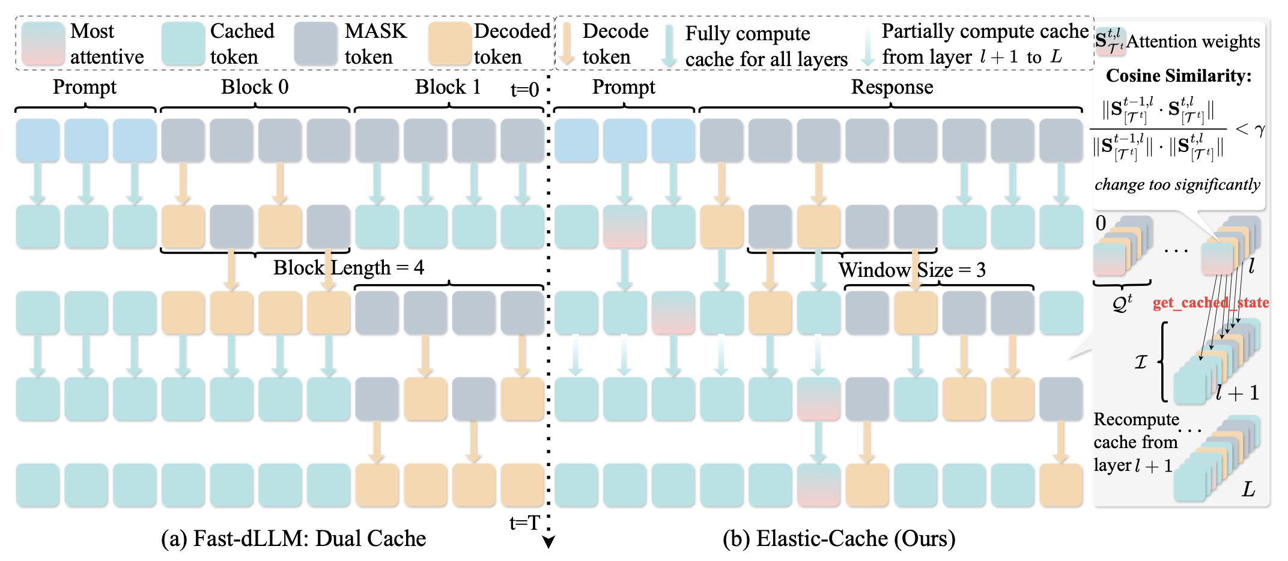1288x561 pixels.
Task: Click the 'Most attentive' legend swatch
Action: tap(43, 44)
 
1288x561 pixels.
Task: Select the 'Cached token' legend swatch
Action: tap(183, 44)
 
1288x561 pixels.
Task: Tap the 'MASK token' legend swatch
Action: tap(315, 44)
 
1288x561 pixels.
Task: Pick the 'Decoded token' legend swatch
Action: tap(449, 44)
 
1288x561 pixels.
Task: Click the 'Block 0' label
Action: tap(255, 87)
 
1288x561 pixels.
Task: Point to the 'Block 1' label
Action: tap(448, 87)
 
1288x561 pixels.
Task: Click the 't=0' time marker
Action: tap(524, 90)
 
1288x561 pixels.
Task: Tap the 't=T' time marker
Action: tap(524, 523)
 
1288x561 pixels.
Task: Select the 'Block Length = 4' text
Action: tap(348, 267)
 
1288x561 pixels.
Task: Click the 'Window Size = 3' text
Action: tap(912, 270)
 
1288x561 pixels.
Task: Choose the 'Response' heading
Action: tap(892, 87)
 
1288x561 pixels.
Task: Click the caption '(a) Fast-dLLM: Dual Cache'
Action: tap(293, 539)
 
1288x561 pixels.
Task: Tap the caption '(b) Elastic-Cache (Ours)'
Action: tap(839, 539)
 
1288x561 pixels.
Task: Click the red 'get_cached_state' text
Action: tap(1211, 302)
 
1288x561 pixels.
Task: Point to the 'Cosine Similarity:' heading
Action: tap(1179, 76)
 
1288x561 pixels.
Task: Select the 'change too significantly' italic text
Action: tap(1177, 184)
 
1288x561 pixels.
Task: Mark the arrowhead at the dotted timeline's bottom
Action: tap(548, 543)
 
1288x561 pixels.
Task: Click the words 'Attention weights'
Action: tap(1192, 41)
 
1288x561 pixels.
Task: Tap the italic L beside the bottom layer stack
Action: tap(1248, 490)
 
